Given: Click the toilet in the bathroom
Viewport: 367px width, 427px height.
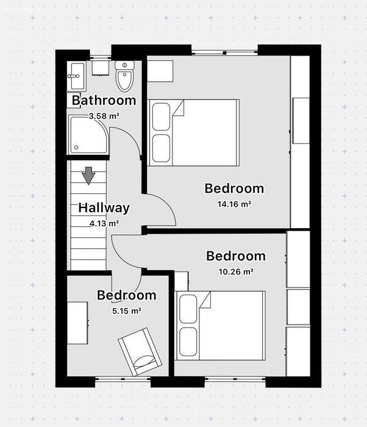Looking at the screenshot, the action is click(x=125, y=76).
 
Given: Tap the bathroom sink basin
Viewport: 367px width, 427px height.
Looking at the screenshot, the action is click(x=76, y=76).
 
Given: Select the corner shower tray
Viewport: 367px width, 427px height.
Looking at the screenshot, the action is click(x=88, y=135).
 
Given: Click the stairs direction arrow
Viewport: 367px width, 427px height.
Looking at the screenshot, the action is click(x=88, y=176).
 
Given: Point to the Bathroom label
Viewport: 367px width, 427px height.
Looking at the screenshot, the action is click(x=104, y=100).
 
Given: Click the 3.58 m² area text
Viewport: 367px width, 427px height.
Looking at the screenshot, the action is click(x=104, y=117).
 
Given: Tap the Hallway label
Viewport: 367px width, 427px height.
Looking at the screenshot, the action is click(x=104, y=208).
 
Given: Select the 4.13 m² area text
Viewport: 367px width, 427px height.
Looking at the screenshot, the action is click(x=104, y=224).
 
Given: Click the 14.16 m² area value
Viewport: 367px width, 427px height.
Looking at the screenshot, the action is click(x=234, y=204).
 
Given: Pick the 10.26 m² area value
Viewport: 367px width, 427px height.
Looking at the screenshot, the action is click(x=236, y=272).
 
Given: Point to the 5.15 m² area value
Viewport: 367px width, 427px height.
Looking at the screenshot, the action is click(x=127, y=310).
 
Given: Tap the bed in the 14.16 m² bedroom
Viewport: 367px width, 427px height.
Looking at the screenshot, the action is click(x=194, y=132).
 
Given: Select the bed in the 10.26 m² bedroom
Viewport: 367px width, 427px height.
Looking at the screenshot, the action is click(x=220, y=326).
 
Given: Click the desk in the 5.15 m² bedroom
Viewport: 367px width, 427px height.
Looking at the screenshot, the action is click(x=77, y=323).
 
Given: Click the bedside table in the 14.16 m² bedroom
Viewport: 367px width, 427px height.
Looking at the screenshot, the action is click(x=160, y=71).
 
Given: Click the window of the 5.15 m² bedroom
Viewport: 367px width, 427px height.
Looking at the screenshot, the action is click(x=123, y=379).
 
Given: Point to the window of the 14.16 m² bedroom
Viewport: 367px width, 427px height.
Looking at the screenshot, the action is click(x=224, y=52).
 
